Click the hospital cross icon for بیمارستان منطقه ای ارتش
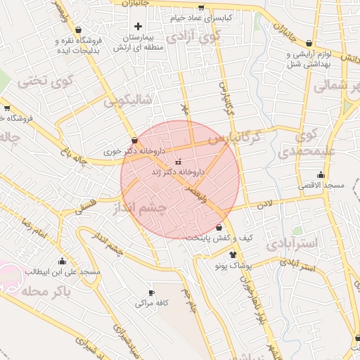coord(138,26)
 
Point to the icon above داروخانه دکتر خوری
coord(134,140)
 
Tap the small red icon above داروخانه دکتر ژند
coord(176,161)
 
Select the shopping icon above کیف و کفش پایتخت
coord(219,228)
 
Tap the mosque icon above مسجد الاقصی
coord(321,174)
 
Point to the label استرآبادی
coord(293,243)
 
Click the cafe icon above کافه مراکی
coord(151,292)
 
